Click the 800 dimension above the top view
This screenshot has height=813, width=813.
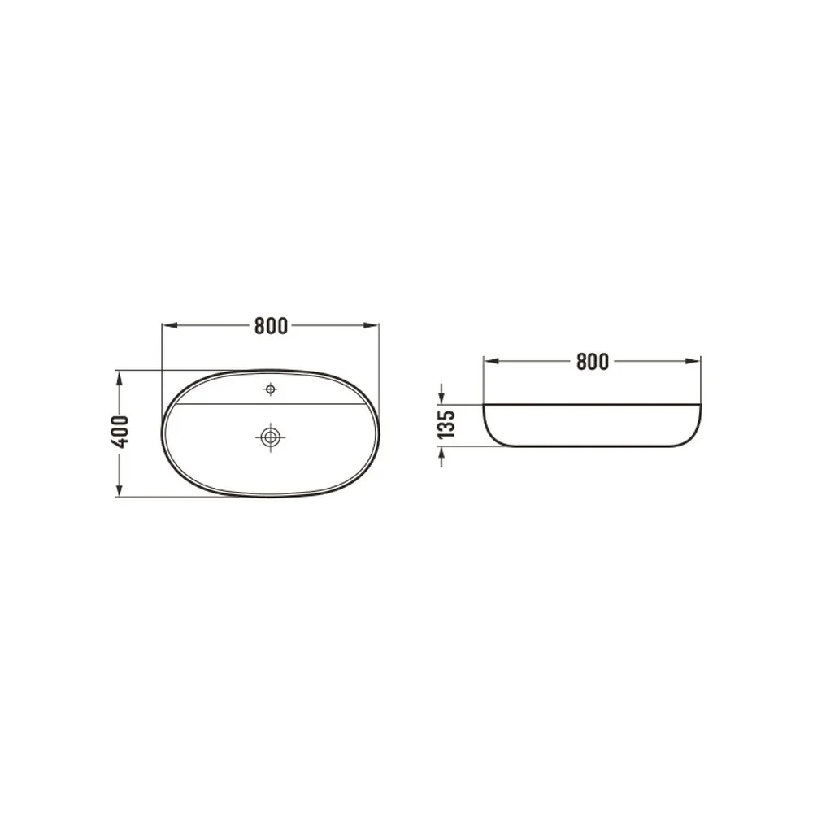[x=271, y=326]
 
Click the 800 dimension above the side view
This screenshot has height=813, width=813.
[x=592, y=362]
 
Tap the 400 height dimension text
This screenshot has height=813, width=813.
[x=120, y=432]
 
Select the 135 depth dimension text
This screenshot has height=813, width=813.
[x=446, y=424]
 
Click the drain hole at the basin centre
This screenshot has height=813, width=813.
[x=270, y=437]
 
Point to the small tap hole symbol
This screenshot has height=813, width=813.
[x=270, y=389]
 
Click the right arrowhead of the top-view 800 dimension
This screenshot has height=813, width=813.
[x=372, y=326]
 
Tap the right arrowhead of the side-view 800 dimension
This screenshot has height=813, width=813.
[x=693, y=362]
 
